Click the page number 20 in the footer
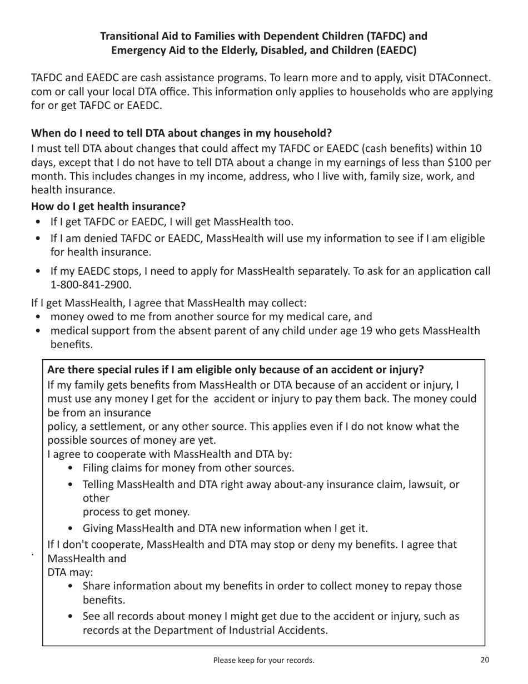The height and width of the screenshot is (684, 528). [x=484, y=661]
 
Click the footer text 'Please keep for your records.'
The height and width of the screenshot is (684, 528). [x=263, y=661]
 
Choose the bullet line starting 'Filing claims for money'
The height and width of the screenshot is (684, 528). [x=188, y=468]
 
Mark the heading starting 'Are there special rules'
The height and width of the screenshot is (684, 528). [x=236, y=370]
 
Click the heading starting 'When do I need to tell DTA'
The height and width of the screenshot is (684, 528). [x=181, y=133]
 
